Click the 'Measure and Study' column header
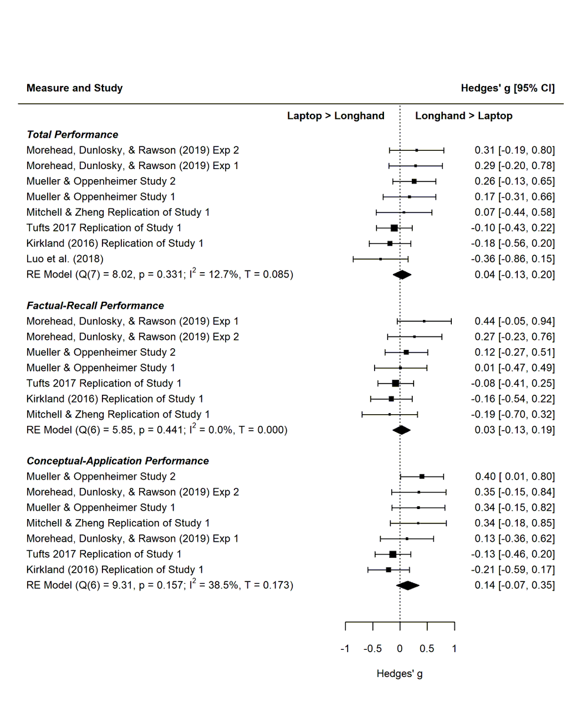75,88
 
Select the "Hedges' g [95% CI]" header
508,88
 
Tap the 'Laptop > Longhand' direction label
336,116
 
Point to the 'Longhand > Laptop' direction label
464,116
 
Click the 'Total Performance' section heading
72,135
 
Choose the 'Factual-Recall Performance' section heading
95,306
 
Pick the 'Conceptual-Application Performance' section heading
118,461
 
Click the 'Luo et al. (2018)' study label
65,259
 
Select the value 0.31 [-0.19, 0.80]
514,150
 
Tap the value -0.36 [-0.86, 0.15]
513,259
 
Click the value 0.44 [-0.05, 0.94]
514,321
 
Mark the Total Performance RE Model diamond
402,275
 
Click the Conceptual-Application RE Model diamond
408,585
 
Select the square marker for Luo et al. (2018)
381,259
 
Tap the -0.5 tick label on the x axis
372,649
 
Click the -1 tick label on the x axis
345,649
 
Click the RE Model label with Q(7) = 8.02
160,275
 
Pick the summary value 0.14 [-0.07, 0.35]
514,585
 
